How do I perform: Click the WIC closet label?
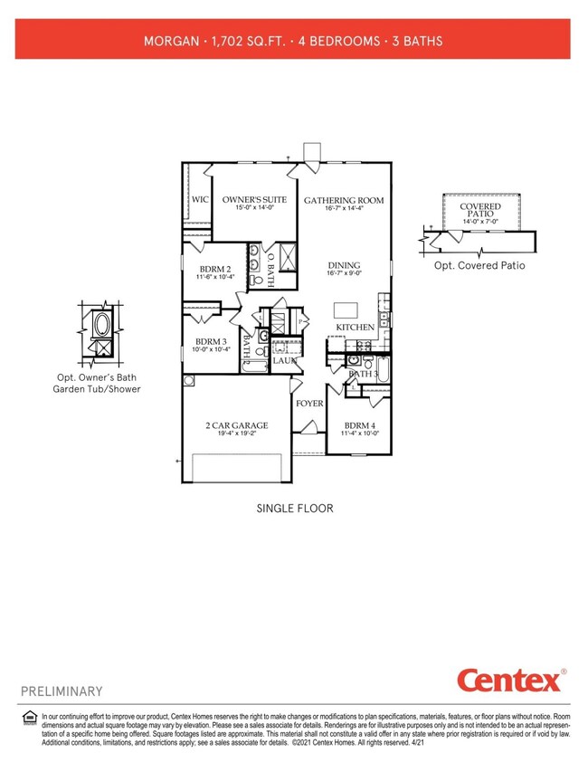pyautogui.click(x=200, y=199)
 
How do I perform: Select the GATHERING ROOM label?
pyautogui.click(x=344, y=200)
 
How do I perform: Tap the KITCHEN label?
pyautogui.click(x=355, y=327)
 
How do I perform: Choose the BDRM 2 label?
pyautogui.click(x=214, y=268)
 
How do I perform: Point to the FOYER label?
pyautogui.click(x=309, y=403)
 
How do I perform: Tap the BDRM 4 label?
pyautogui.click(x=359, y=426)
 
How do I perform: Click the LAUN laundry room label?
pyautogui.click(x=286, y=360)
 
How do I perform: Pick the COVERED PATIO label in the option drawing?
pyautogui.click(x=480, y=210)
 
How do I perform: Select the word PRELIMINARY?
pyautogui.click(x=62, y=691)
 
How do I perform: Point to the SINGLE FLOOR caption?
pyautogui.click(x=295, y=509)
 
